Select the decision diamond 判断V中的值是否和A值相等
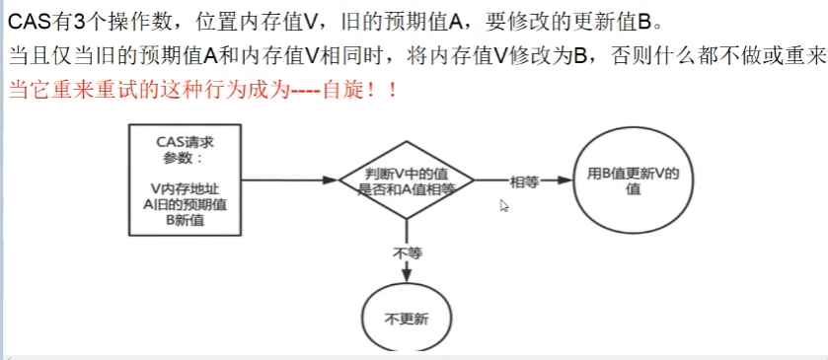pos(406,180)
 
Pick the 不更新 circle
pos(406,320)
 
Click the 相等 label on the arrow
pos(524,181)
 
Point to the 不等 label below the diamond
pos(407,252)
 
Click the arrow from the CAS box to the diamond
pos(286,180)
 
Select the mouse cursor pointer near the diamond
pos(503,204)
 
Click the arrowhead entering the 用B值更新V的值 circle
pos(565,180)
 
